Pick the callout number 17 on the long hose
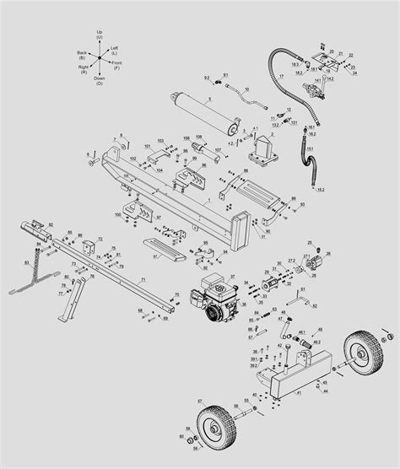click(x=280, y=76)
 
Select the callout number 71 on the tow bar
click(x=143, y=278)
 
